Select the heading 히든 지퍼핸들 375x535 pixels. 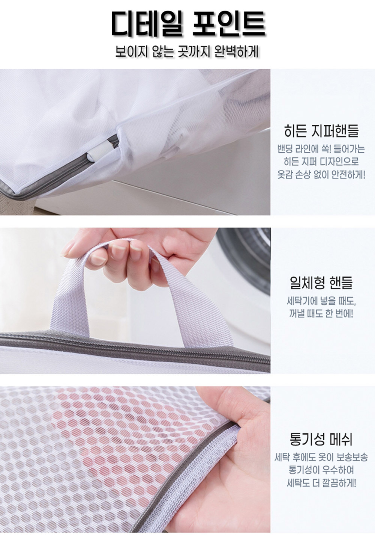[321, 131]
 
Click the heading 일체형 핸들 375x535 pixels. [321, 282]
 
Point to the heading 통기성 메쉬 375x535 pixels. [321, 439]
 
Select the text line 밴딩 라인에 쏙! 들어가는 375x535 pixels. [321, 149]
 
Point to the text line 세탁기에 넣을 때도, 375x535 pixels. [321, 301]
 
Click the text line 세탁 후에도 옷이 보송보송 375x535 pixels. [321, 458]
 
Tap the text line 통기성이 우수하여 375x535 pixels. [321, 470]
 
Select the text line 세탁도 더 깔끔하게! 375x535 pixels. [321, 483]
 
